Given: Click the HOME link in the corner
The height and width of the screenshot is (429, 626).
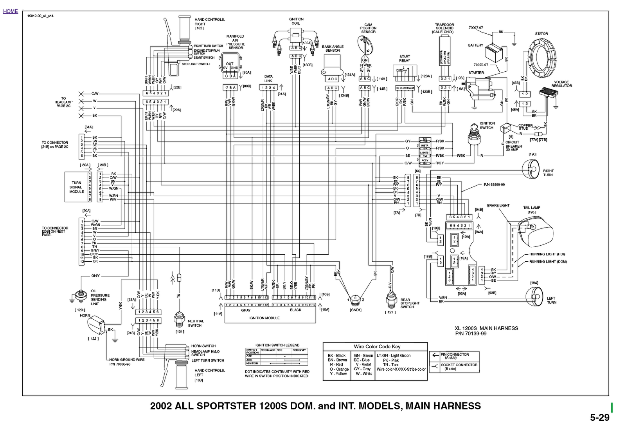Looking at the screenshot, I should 11,11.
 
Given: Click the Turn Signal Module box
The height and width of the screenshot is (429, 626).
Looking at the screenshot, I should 76,187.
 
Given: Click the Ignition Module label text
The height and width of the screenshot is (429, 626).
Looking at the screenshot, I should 264,318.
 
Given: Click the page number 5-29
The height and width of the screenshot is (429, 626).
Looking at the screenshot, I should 599,418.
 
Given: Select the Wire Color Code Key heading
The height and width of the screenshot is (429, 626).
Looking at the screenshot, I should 377,347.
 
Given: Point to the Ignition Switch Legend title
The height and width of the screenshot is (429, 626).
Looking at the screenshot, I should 277,346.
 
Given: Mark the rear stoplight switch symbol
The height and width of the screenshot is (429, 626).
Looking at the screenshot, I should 390,300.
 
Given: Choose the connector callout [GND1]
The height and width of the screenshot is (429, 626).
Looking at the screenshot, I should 356,310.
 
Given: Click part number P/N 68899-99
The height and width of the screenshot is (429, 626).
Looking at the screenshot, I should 494,185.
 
